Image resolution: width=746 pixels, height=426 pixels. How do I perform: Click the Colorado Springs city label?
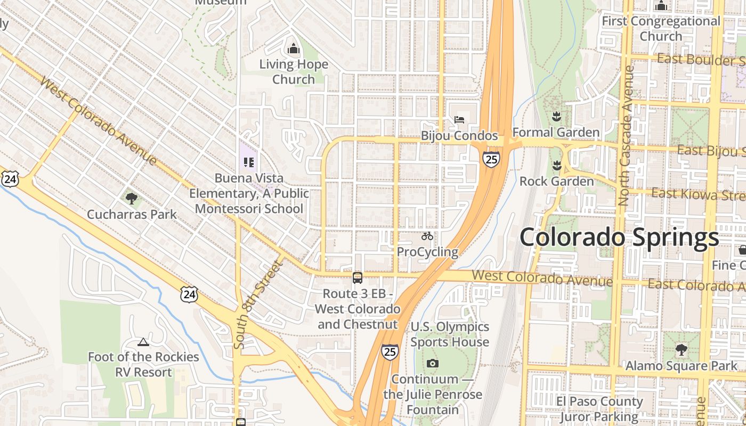[x=619, y=237]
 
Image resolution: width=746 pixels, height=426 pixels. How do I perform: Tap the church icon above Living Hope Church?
[x=294, y=49]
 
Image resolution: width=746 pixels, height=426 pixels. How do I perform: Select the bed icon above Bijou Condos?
[x=459, y=120]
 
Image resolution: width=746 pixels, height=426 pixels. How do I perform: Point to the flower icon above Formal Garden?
[x=556, y=117]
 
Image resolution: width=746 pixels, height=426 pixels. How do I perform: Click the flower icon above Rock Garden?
[x=557, y=166]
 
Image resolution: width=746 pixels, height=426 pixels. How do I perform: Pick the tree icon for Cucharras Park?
[x=132, y=199]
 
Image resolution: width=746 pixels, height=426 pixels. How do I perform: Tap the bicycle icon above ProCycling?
[x=427, y=236]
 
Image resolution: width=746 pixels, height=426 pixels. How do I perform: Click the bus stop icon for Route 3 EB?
[x=358, y=277]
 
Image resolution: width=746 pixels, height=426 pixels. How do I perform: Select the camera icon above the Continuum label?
[x=433, y=364]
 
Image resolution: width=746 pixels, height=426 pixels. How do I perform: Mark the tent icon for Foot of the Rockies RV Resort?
[x=143, y=342]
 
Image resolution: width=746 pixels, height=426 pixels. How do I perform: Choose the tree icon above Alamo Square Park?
[x=681, y=350]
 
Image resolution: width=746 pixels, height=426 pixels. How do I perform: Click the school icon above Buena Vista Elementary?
[x=249, y=162]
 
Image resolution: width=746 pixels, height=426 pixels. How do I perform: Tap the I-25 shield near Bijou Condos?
[x=491, y=159]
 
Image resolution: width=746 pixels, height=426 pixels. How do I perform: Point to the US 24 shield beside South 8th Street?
[x=189, y=294]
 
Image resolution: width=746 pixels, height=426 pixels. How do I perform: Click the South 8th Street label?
[x=257, y=305]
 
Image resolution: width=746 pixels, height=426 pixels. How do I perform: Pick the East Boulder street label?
[x=701, y=59]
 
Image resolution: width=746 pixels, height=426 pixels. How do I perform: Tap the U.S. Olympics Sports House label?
[x=450, y=334]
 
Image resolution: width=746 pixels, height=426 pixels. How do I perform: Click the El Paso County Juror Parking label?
[x=599, y=408]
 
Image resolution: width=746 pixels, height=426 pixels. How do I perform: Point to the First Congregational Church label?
[x=661, y=29]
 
